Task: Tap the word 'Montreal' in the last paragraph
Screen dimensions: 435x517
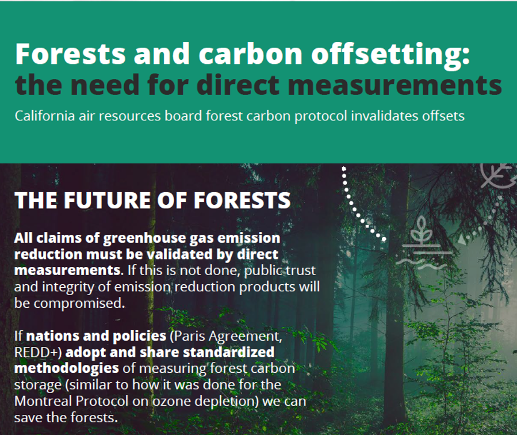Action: click(43, 399)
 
